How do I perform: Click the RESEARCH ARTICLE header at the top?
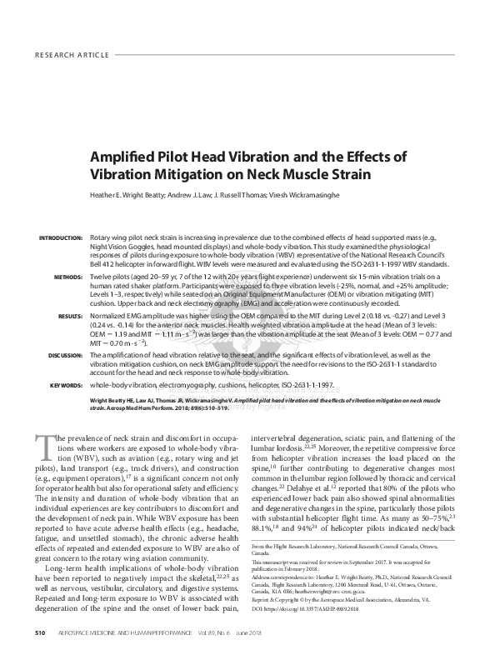pos(72,56)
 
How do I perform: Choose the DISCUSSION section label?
pos(60,355)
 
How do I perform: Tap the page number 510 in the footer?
pos(40,633)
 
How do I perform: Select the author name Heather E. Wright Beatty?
pos(141,193)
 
